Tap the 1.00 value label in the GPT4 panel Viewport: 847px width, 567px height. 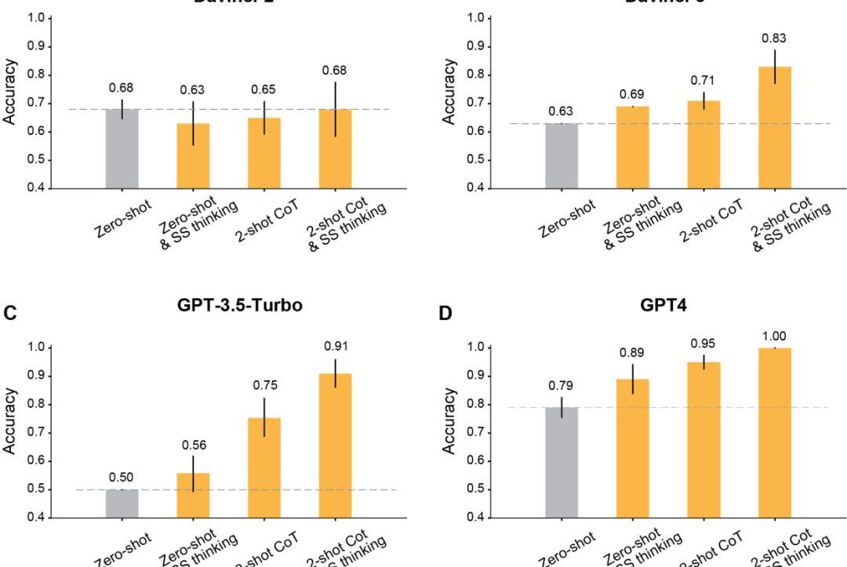775,336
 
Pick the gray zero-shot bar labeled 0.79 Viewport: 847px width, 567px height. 562,462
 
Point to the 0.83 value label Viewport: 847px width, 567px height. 775,38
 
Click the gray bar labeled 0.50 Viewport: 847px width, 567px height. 122,503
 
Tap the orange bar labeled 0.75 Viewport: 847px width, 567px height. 264,467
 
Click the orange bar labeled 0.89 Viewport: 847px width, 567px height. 632,448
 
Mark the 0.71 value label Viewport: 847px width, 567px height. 703,80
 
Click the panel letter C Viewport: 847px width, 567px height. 9,313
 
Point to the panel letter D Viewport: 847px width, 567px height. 445,314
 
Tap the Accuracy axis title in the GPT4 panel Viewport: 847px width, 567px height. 449,432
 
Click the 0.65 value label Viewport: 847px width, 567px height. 264,89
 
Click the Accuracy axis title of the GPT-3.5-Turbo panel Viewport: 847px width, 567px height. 10,432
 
